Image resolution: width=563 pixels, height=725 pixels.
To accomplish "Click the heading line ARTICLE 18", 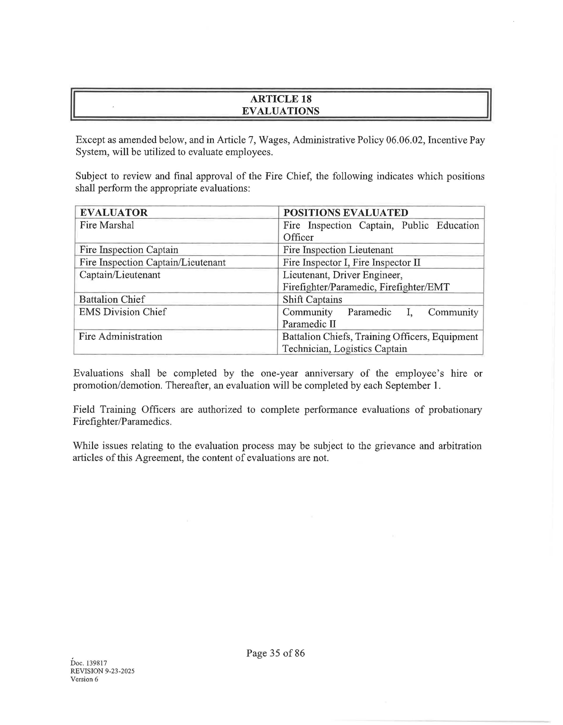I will [281, 99].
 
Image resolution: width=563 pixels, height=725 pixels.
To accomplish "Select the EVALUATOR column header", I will [114, 212].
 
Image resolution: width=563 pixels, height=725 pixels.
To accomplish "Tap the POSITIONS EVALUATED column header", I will [345, 212].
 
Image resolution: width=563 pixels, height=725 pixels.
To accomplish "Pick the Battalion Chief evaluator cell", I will [112, 299].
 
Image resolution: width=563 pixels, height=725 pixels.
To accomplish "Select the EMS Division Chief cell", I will [122, 312].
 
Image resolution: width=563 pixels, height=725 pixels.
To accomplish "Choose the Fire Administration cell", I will [121, 337].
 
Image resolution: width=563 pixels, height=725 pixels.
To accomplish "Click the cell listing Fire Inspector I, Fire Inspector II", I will [351, 263].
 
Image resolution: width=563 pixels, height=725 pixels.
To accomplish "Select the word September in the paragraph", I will [408, 386].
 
